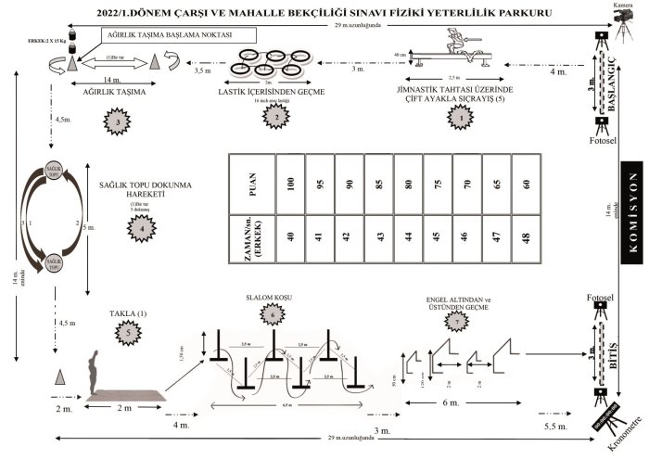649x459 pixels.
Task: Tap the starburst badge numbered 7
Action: tap(453, 319)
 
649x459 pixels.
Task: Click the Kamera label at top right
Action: tap(622, 6)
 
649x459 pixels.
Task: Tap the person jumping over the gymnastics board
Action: tap(454, 42)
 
